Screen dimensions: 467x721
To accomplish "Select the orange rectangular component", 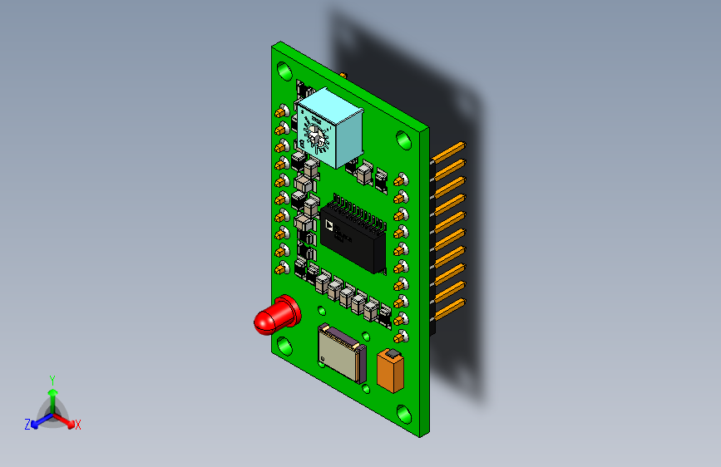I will point(389,372).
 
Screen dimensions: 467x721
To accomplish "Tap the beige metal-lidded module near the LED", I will point(341,352).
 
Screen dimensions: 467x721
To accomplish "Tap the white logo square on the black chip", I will point(329,224).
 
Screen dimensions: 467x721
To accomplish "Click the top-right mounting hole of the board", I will point(405,139).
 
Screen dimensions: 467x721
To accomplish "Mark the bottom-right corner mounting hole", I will point(405,413).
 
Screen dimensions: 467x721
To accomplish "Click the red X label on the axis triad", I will point(78,425).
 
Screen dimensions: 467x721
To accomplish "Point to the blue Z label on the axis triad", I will point(27,424).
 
